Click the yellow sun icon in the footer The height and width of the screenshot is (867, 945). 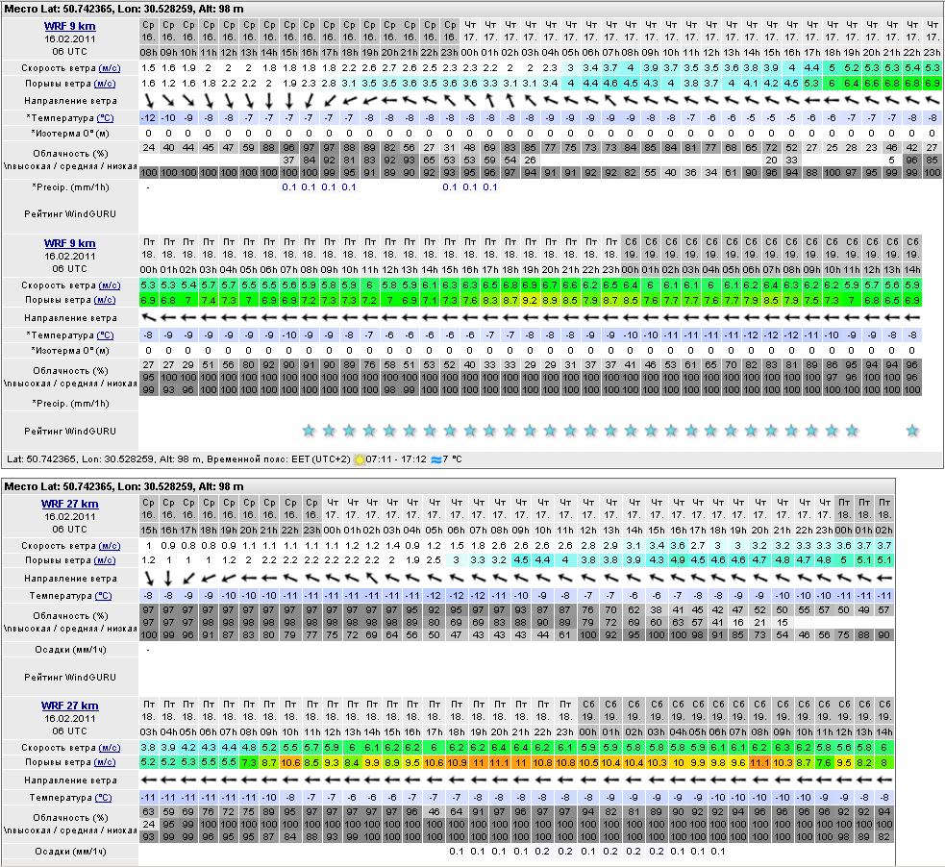click(360, 459)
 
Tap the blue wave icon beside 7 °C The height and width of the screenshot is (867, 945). click(435, 459)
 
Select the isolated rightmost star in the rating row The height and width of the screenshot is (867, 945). click(912, 430)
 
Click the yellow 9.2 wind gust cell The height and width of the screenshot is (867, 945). click(530, 301)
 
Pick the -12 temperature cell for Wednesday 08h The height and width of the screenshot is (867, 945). click(149, 117)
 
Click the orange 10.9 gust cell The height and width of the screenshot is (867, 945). click(457, 762)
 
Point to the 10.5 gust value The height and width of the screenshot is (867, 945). click(587, 762)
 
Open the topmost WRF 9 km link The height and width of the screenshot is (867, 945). click(69, 26)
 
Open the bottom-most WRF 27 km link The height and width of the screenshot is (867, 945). click(69, 706)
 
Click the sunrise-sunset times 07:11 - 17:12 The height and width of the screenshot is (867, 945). click(396, 459)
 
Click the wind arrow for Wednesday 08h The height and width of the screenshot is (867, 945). click(149, 100)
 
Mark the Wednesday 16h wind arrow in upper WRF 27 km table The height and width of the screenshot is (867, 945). click(168, 578)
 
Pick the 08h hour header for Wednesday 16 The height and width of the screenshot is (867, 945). click(149, 52)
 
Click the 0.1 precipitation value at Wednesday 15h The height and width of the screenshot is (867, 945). click(289, 187)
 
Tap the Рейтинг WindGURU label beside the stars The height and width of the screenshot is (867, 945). click(70, 431)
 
